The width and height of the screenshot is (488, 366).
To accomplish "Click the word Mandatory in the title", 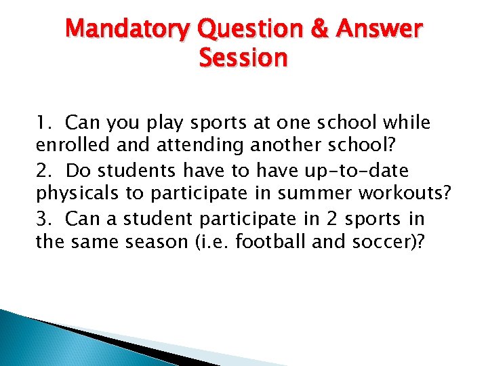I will (x=128, y=30).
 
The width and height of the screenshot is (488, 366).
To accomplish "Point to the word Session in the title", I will (x=243, y=58).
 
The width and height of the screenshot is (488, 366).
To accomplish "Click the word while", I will (x=407, y=123).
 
